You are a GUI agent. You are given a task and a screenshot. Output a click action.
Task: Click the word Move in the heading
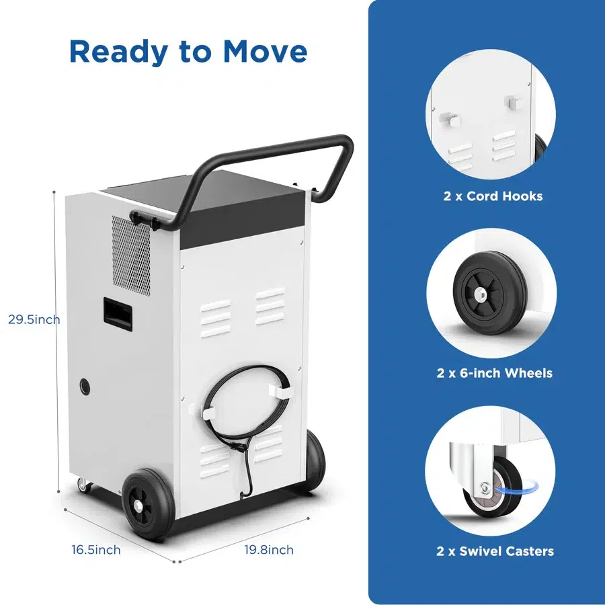click(x=265, y=52)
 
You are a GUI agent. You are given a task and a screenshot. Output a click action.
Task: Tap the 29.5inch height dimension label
click(x=34, y=319)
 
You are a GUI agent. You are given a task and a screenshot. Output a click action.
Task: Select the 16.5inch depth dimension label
click(x=95, y=549)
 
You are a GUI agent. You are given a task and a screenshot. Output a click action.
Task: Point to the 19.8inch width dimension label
click(x=269, y=549)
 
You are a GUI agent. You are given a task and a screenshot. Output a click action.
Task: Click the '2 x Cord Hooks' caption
click(x=493, y=196)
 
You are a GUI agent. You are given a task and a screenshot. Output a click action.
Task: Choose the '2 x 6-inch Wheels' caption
click(x=494, y=372)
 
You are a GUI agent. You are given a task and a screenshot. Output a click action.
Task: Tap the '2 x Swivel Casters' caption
click(x=495, y=551)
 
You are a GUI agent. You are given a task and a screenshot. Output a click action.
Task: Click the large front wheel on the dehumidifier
click(x=148, y=504)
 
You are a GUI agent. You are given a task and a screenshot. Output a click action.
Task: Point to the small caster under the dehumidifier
click(x=84, y=485)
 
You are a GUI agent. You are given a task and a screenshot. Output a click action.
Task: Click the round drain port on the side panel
click(x=85, y=387)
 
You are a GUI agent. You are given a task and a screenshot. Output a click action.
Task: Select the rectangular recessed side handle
click(x=118, y=312)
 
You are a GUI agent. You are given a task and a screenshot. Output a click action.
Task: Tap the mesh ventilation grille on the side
click(x=131, y=255)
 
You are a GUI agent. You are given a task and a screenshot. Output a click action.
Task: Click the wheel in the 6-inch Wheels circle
click(x=489, y=293)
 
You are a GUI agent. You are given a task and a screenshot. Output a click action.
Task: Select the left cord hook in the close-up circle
click(x=450, y=119)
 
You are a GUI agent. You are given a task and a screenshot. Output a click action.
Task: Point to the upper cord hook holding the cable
click(x=280, y=391)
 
